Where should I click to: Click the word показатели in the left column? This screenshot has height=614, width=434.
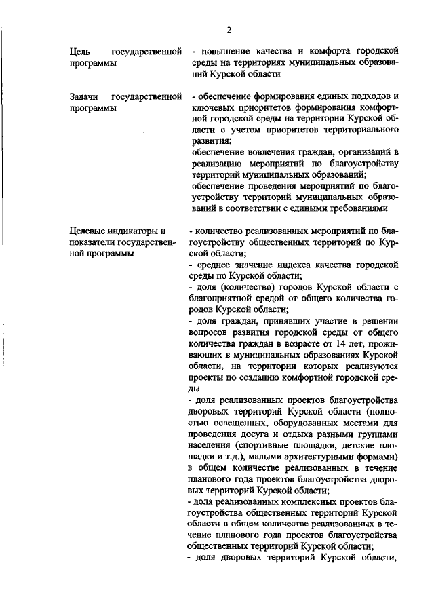[x=94, y=242]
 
